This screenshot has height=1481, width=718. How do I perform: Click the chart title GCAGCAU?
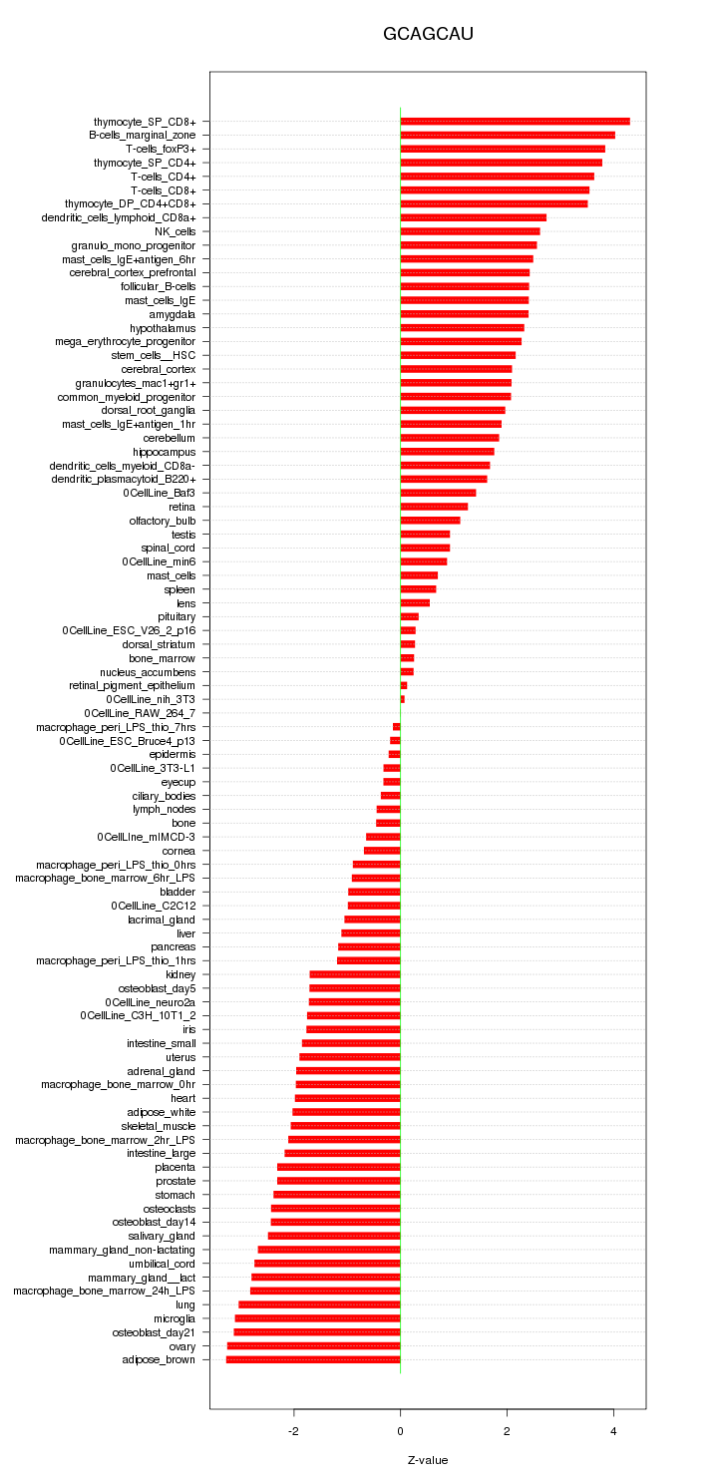pos(428,34)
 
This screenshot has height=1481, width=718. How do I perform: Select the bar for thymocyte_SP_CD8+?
pos(515,122)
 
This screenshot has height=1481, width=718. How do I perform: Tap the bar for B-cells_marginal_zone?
pos(508,135)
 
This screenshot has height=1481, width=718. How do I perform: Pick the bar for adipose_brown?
pos(313,1359)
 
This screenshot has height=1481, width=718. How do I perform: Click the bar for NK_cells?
pos(470,231)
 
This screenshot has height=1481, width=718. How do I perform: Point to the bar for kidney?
pos(355,974)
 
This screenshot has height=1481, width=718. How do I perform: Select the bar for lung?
pos(319,1304)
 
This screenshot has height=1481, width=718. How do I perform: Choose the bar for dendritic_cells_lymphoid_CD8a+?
pos(473,217)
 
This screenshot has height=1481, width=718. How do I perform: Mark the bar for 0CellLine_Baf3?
pos(438,493)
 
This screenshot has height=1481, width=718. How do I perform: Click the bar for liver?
pos(371,933)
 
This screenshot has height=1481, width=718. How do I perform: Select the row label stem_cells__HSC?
pos(154,355)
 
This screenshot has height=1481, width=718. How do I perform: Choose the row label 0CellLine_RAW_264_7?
pos(140,713)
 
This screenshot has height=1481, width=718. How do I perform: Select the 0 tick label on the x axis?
pos(400,1431)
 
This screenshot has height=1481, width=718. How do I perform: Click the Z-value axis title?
pos(428,1460)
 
